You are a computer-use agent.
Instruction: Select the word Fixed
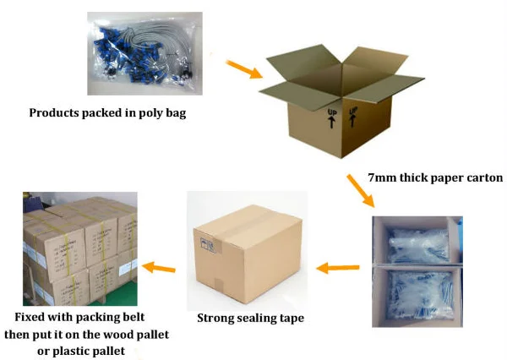click(x=30, y=318)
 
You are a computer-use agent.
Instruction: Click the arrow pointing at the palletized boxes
click(x=159, y=268)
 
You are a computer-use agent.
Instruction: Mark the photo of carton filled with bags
click(x=417, y=270)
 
